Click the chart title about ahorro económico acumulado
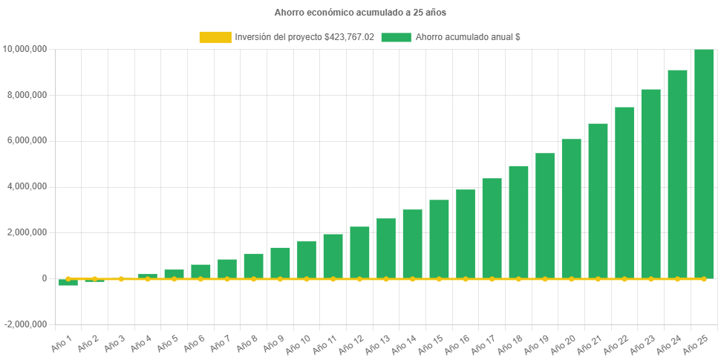point(360,13)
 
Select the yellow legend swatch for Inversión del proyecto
point(215,37)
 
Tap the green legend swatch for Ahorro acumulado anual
point(396,37)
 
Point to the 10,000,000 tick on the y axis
point(26,49)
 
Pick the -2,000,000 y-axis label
point(27,324)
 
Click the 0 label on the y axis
point(45,278)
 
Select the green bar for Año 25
point(704,164)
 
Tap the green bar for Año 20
point(571,209)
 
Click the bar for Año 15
point(439,239)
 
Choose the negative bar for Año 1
point(68,282)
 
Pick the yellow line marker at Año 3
point(121,279)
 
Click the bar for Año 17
point(492,229)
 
